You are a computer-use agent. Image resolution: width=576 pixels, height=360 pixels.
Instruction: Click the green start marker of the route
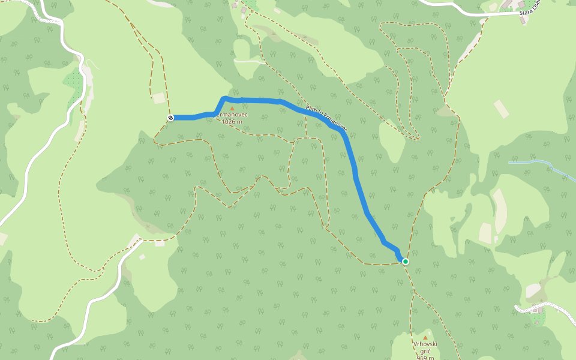point(406,262)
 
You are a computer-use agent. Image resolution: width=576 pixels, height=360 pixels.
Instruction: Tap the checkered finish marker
point(171,118)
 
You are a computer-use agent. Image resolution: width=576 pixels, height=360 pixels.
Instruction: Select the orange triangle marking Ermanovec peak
point(232,109)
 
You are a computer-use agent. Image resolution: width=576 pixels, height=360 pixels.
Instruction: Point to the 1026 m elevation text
point(232,122)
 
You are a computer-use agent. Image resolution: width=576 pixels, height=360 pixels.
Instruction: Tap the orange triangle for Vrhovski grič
point(425,337)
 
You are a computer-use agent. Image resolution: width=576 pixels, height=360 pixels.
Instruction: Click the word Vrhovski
point(425,344)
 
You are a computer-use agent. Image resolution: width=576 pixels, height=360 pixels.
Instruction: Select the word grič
point(425,351)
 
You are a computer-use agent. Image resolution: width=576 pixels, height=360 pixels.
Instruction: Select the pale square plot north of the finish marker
point(158,98)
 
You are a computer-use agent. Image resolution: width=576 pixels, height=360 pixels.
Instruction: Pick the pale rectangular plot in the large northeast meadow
point(502,109)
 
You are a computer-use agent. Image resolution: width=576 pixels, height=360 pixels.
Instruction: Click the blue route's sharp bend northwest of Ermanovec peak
point(223,98)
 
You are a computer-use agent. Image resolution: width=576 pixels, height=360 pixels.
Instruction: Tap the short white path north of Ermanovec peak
point(249,61)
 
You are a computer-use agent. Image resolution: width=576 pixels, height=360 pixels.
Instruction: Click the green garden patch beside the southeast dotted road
point(538,318)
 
